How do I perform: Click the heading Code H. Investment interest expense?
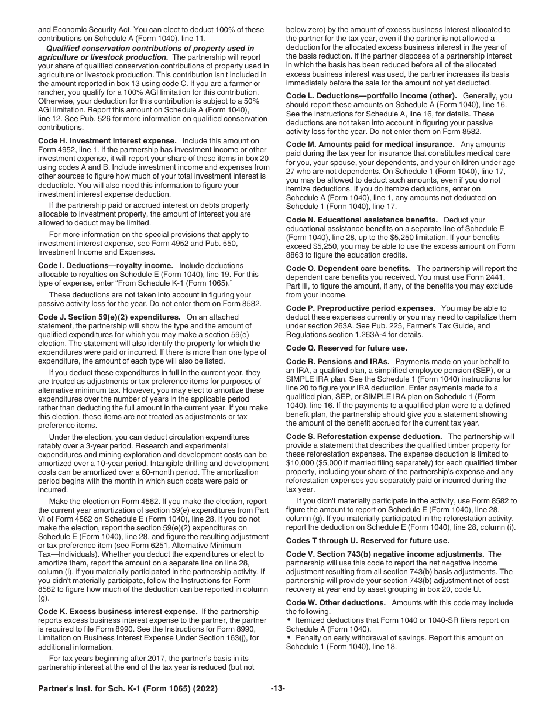coord(107,141)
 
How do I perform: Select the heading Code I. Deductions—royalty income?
coord(105,265)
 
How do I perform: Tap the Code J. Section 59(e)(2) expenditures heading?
coord(109,317)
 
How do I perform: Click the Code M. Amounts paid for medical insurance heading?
coord(371,144)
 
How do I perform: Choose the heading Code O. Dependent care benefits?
coord(348,268)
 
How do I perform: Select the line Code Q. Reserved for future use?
coord(363,348)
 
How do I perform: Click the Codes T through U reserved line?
coord(368,540)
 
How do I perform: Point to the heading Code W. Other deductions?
coord(336,602)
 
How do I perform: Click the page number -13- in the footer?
coord(278,689)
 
